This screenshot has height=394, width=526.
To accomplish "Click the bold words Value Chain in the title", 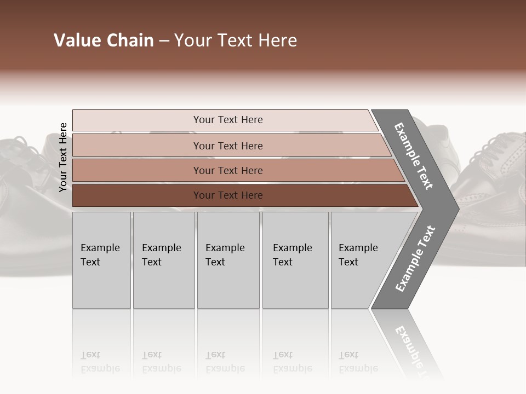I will pyautogui.click(x=104, y=40).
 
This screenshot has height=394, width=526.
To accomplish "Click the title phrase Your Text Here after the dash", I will pyautogui.click(x=236, y=40).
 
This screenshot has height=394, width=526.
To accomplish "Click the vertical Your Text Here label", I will pyautogui.click(x=63, y=157).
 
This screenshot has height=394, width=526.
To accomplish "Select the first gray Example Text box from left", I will pyautogui.click(x=101, y=260).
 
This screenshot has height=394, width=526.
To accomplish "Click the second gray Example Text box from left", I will pyautogui.click(x=163, y=260).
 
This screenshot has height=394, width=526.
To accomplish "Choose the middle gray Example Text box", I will pyautogui.click(x=228, y=260).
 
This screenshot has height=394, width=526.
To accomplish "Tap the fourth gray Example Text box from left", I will pyautogui.click(x=295, y=260).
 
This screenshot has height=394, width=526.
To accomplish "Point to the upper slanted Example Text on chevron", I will pyautogui.click(x=414, y=157).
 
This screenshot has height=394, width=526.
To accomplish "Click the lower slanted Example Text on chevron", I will pyautogui.click(x=415, y=258).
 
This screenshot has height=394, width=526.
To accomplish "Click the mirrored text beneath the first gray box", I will pyautogui.click(x=100, y=362).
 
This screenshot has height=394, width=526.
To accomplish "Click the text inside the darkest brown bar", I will pyautogui.click(x=228, y=195).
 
